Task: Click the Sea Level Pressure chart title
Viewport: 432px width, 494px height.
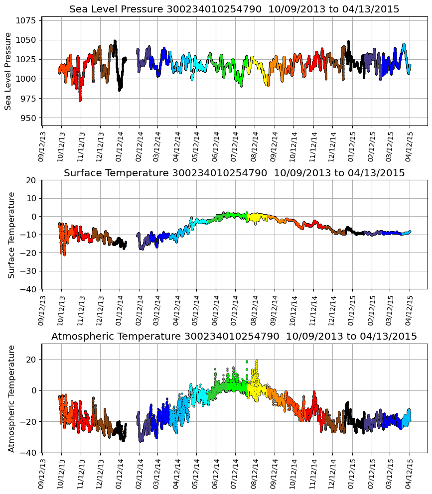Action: pos(234,9)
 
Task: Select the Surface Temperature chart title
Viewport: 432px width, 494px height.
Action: pos(234,173)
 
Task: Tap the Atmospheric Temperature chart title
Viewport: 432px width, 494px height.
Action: pos(234,337)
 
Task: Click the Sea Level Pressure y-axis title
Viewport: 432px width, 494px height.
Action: pos(8,71)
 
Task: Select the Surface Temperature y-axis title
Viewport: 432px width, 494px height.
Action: pos(11,235)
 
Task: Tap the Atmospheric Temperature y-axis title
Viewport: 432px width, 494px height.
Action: pos(11,398)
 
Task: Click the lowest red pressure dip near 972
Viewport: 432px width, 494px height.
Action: pos(80,100)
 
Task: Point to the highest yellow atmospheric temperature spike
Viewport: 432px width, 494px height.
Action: pos(257,361)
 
